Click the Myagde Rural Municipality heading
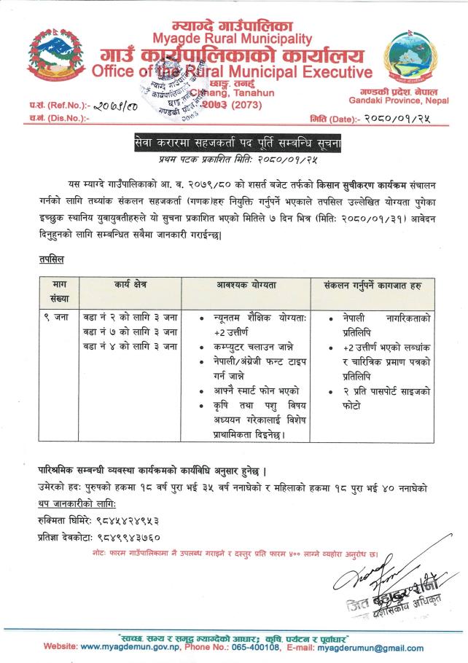pyautogui.click(x=232, y=38)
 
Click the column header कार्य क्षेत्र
pyautogui.click(x=130, y=286)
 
